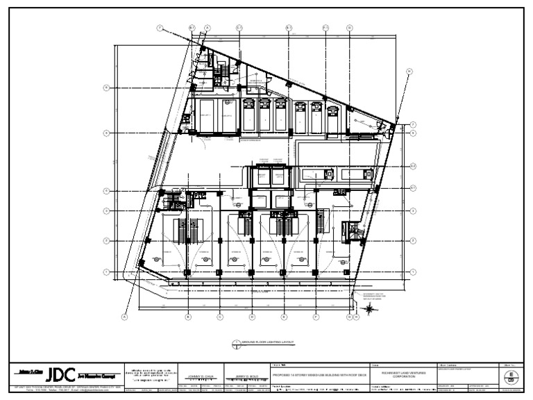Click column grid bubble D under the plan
click(252, 317)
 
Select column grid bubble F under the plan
click(316, 317)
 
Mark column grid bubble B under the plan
click(188, 317)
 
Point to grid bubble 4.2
click(412, 165)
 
